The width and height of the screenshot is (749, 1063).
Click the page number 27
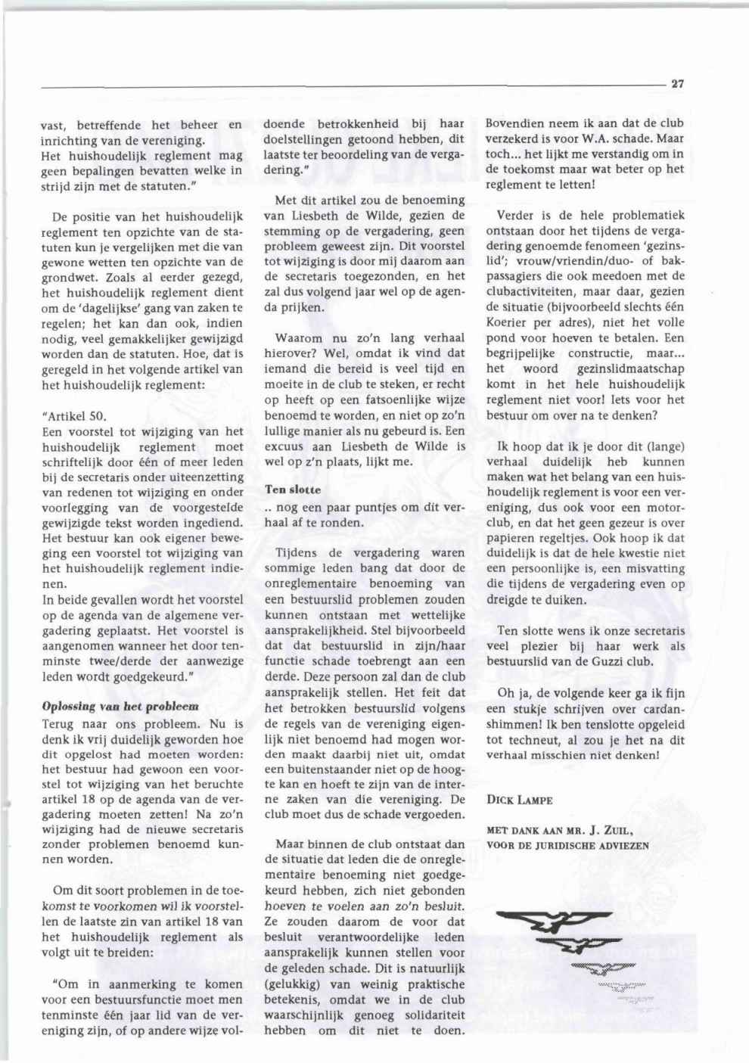677,84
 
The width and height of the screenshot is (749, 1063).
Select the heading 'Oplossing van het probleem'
120,706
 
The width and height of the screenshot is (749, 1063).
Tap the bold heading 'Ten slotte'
293,490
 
